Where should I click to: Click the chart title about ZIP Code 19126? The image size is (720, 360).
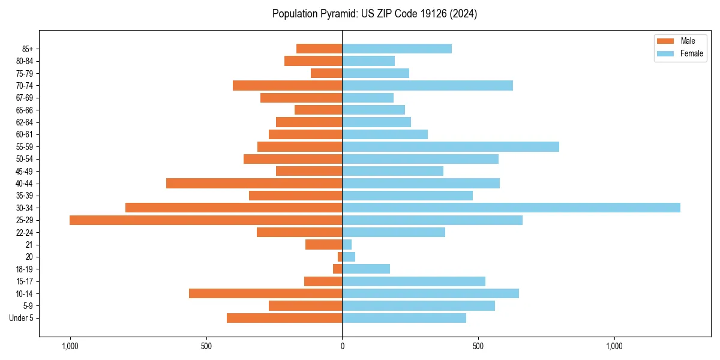(374, 14)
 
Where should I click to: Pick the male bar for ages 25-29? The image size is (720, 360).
(206, 220)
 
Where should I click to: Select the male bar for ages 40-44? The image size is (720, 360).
(254, 183)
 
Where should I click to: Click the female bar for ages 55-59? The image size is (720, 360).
(451, 146)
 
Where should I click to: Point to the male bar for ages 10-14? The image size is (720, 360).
(265, 293)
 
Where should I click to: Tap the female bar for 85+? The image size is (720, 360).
(397, 49)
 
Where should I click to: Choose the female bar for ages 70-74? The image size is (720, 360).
(427, 85)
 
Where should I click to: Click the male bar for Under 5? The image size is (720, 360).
(284, 318)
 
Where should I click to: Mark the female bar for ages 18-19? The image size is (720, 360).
(366, 269)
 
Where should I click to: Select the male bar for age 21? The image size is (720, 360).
(323, 244)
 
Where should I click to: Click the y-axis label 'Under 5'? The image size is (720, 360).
(21, 318)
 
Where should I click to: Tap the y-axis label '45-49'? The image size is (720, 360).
(25, 171)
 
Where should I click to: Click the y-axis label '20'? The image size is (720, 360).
(29, 257)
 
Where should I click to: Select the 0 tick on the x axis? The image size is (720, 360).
(342, 346)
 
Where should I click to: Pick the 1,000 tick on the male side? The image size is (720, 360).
(70, 346)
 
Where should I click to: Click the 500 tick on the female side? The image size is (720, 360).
(478, 346)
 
